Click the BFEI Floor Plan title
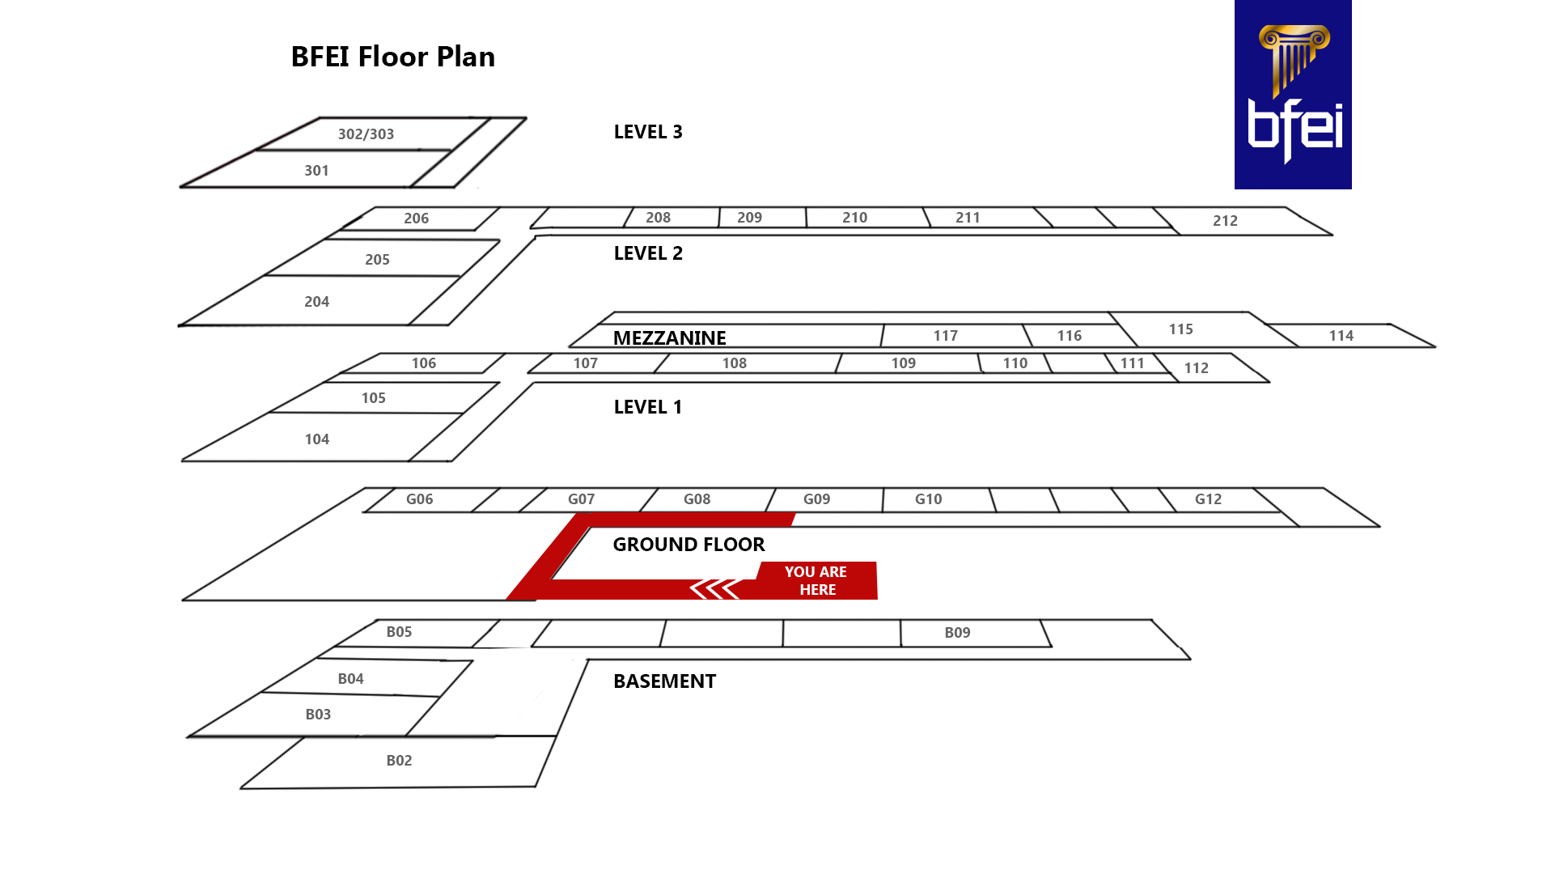click(392, 57)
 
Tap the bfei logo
click(1292, 95)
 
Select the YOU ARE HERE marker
click(816, 580)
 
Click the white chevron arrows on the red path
click(714, 589)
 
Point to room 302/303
click(366, 134)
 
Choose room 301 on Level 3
click(316, 171)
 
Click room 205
click(377, 260)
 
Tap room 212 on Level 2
click(1225, 221)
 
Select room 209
click(749, 218)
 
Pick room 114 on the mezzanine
click(1341, 336)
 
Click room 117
click(945, 336)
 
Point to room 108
click(734, 363)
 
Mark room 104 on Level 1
click(316, 439)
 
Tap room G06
click(419, 499)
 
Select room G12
click(1208, 499)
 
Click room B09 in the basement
click(957, 633)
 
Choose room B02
click(399, 761)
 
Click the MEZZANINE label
click(669, 337)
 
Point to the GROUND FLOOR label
click(689, 545)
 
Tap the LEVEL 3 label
click(648, 132)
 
